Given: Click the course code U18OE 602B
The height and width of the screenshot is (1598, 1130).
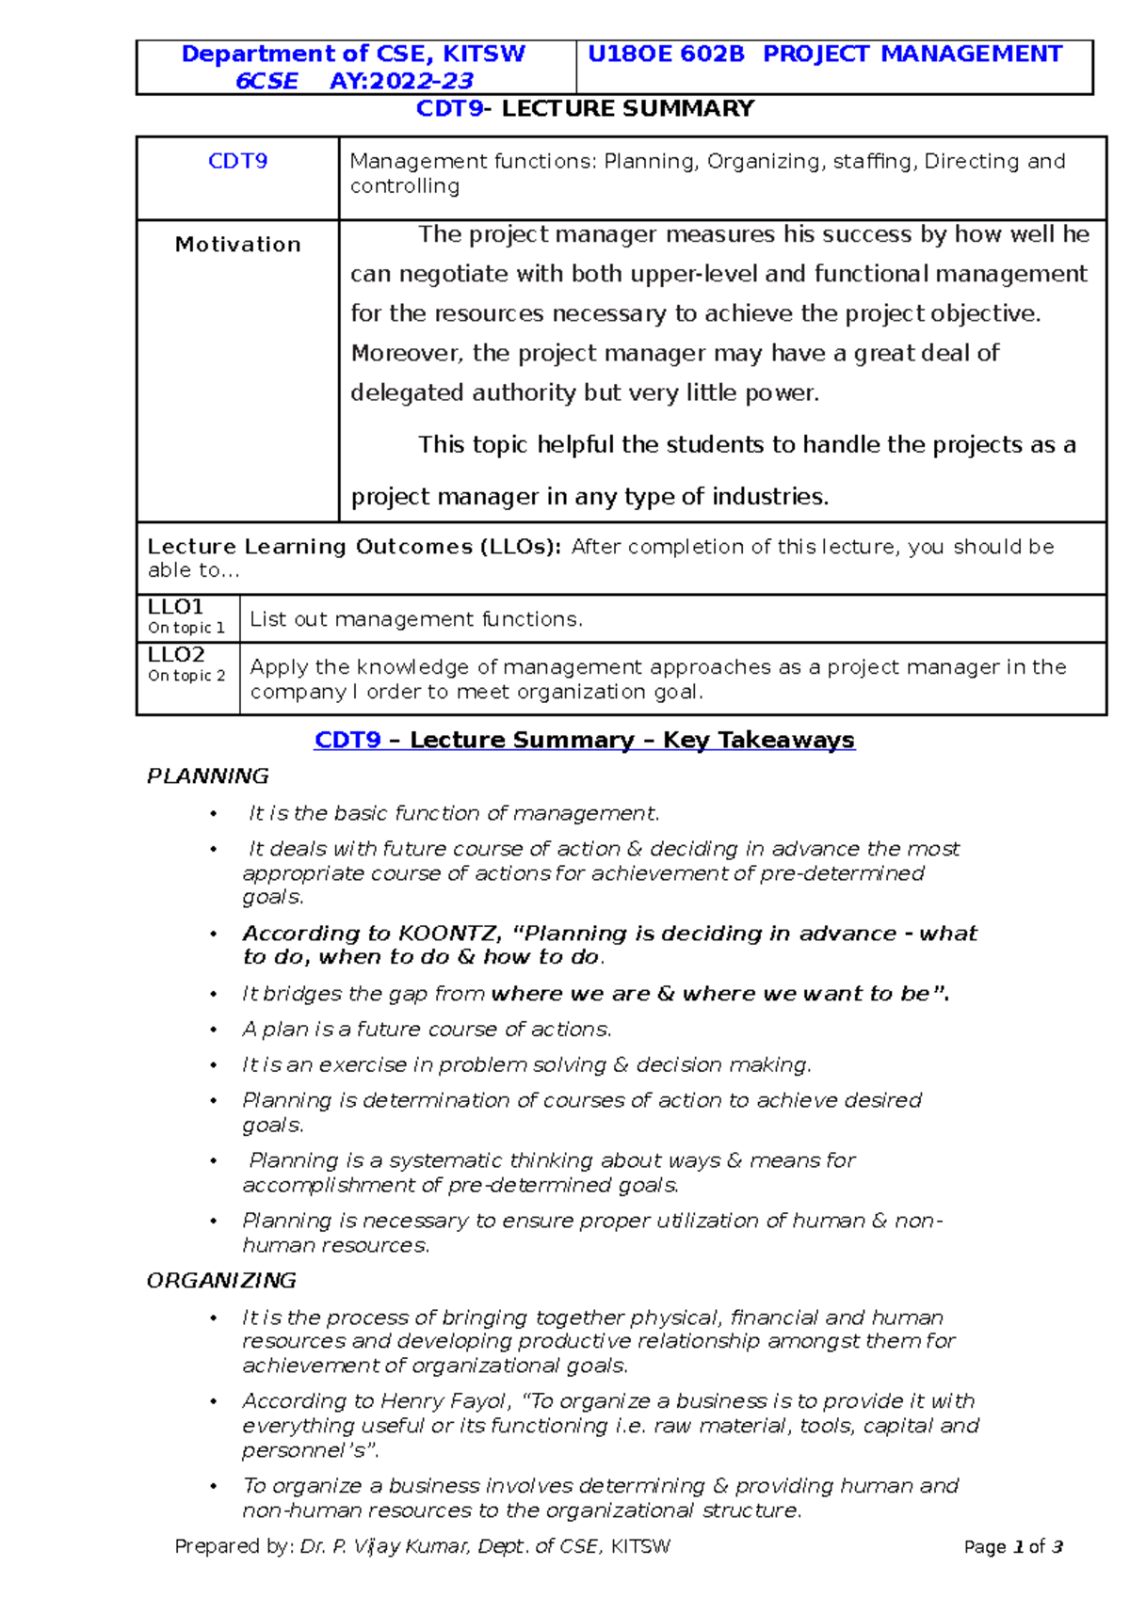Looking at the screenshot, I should click(665, 55).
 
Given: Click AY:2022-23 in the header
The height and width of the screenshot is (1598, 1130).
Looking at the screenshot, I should click(401, 81).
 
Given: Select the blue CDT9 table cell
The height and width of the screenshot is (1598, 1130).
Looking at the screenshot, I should click(237, 162).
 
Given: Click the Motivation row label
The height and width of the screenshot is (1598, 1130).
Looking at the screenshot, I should click(237, 245).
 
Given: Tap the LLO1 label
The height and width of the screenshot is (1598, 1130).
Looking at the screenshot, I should click(175, 607).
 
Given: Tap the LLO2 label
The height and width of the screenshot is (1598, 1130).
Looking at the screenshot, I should click(176, 655).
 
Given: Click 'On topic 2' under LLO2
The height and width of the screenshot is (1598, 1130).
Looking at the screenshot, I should click(186, 676).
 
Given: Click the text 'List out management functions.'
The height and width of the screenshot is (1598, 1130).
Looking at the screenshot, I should click(416, 619).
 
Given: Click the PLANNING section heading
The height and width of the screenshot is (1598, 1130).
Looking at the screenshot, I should click(207, 776).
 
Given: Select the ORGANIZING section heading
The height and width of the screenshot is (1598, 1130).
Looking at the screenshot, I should click(221, 1281).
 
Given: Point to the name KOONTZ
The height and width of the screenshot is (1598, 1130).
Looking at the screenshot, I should click(449, 934).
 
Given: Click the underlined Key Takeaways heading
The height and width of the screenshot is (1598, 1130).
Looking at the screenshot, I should click(584, 741).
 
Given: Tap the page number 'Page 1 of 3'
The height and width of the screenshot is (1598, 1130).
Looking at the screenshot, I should click(1013, 1547).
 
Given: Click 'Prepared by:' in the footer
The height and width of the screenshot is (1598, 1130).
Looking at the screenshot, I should click(234, 1546).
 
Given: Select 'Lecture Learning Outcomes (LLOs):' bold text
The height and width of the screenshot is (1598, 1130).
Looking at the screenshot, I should click(354, 547).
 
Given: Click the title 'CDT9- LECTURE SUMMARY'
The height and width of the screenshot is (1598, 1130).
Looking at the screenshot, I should click(585, 109).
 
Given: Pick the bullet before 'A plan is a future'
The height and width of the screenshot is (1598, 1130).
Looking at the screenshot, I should click(214, 1031).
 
